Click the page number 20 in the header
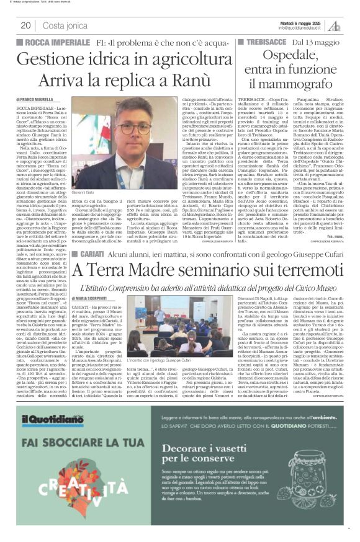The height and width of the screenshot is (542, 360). [x=25, y=25]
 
